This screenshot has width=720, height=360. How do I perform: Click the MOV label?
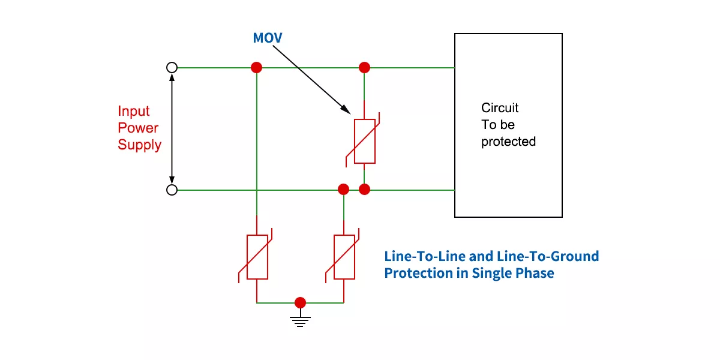267,38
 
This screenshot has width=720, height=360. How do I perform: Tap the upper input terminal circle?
172,68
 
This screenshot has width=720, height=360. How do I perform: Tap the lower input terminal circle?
172,190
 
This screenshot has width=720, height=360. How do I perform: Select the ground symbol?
301,320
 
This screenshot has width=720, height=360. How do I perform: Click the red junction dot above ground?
301,302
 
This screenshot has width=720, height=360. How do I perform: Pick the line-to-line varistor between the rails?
365,141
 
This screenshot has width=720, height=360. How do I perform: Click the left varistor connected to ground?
257,257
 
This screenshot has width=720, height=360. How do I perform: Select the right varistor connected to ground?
344,257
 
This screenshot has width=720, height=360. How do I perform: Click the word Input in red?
134,112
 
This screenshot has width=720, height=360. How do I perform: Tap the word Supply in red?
140,145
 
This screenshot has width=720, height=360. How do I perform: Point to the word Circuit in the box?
500,108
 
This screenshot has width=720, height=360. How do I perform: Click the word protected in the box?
508,142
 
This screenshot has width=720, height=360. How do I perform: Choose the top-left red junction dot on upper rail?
257,67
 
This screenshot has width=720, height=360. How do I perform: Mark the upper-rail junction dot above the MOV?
364,67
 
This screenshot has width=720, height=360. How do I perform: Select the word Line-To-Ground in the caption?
548,257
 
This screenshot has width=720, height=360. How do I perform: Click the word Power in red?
138,128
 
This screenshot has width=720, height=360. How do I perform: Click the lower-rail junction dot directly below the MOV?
364,190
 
